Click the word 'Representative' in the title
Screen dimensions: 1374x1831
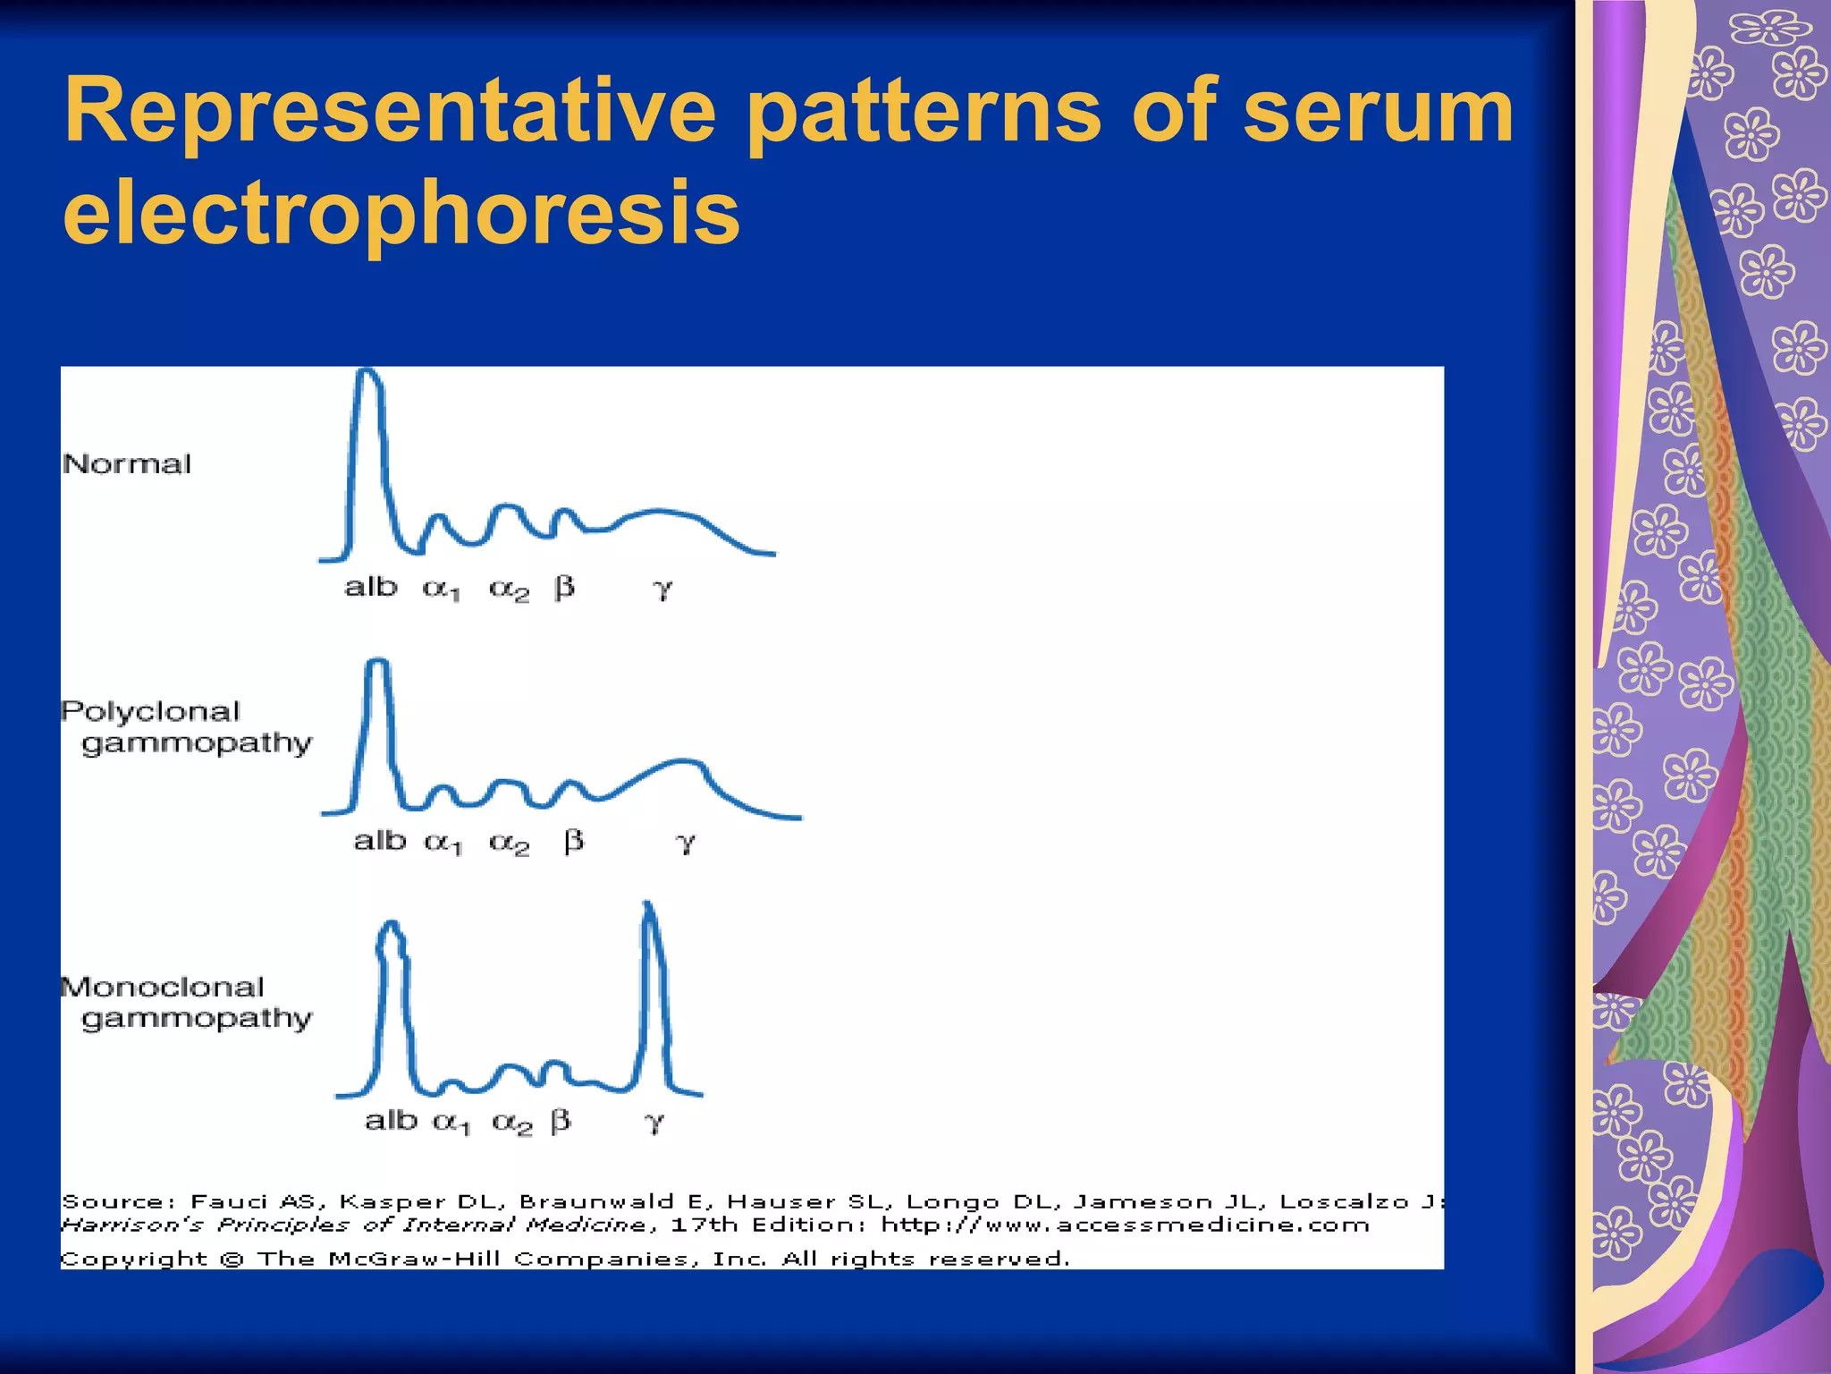[390, 111]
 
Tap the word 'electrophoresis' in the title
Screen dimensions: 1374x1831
[401, 213]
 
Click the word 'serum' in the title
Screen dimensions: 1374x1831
[1378, 111]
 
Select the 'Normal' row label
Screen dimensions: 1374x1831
[127, 464]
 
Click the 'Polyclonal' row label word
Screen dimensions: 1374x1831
[151, 712]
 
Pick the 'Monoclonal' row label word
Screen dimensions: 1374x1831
[163, 988]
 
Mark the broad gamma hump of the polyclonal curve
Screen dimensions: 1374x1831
[684, 764]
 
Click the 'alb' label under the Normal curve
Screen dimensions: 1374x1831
[370, 588]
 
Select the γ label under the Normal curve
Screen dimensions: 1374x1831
[662, 589]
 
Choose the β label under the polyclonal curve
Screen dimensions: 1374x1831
[574, 841]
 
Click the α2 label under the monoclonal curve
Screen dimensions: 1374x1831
[512, 1122]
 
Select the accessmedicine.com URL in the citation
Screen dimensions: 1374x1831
[1125, 1225]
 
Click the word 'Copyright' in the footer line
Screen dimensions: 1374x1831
[133, 1259]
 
